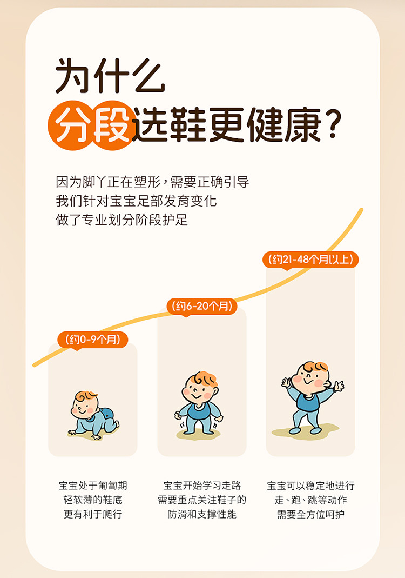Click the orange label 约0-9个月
point(93,339)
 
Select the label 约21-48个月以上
point(310,259)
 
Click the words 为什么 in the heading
point(110,76)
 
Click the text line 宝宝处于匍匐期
point(93,486)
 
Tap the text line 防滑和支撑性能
point(202,514)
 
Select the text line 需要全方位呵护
point(310,514)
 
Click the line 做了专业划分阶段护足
point(122,220)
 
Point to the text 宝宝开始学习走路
point(202,486)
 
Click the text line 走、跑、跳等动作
point(310,500)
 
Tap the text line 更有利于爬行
point(93,514)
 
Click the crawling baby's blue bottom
point(107,414)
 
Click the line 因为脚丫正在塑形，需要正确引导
point(152,182)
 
